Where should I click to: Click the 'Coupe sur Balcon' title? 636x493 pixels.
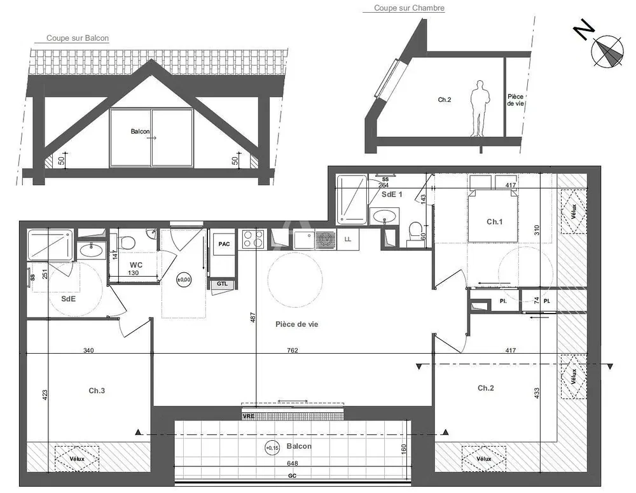(78, 38)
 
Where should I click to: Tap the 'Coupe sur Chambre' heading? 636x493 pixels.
(409, 8)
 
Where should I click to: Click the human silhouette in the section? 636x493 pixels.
(479, 108)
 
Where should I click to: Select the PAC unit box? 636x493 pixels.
(223, 244)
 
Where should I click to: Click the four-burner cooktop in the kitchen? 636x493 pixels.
(253, 239)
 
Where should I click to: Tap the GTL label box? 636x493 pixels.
(222, 284)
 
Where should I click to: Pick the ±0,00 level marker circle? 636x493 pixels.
(184, 279)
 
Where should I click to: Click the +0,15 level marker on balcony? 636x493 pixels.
(272, 448)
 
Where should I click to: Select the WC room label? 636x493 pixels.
(136, 265)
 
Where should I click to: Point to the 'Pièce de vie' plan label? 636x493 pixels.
(296, 324)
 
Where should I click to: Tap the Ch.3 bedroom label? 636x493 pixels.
(97, 391)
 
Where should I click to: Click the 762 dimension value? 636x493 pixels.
(293, 350)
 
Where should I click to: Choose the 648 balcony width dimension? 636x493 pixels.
(292, 463)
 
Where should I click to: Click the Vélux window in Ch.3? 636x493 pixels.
(77, 459)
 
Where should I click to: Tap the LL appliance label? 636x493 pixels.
(348, 239)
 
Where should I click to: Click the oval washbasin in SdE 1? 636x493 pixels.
(384, 216)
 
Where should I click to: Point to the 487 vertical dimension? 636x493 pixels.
(252, 317)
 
